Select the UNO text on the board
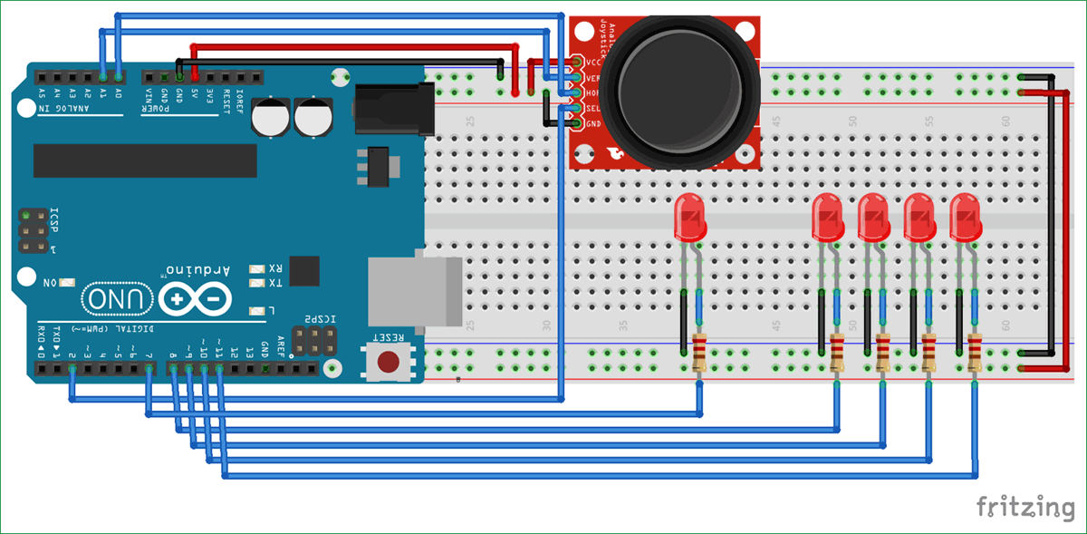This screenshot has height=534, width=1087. [x=117, y=298]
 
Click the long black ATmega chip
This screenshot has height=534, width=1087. [x=145, y=160]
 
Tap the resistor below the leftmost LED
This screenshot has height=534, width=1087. [x=698, y=352]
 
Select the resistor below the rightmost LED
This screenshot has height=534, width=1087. [x=975, y=352]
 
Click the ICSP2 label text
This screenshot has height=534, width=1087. [x=320, y=319]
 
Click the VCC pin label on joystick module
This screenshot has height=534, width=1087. [x=593, y=63]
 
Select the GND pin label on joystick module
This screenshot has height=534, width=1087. [x=593, y=124]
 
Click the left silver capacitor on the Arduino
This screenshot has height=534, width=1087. [x=271, y=119]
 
